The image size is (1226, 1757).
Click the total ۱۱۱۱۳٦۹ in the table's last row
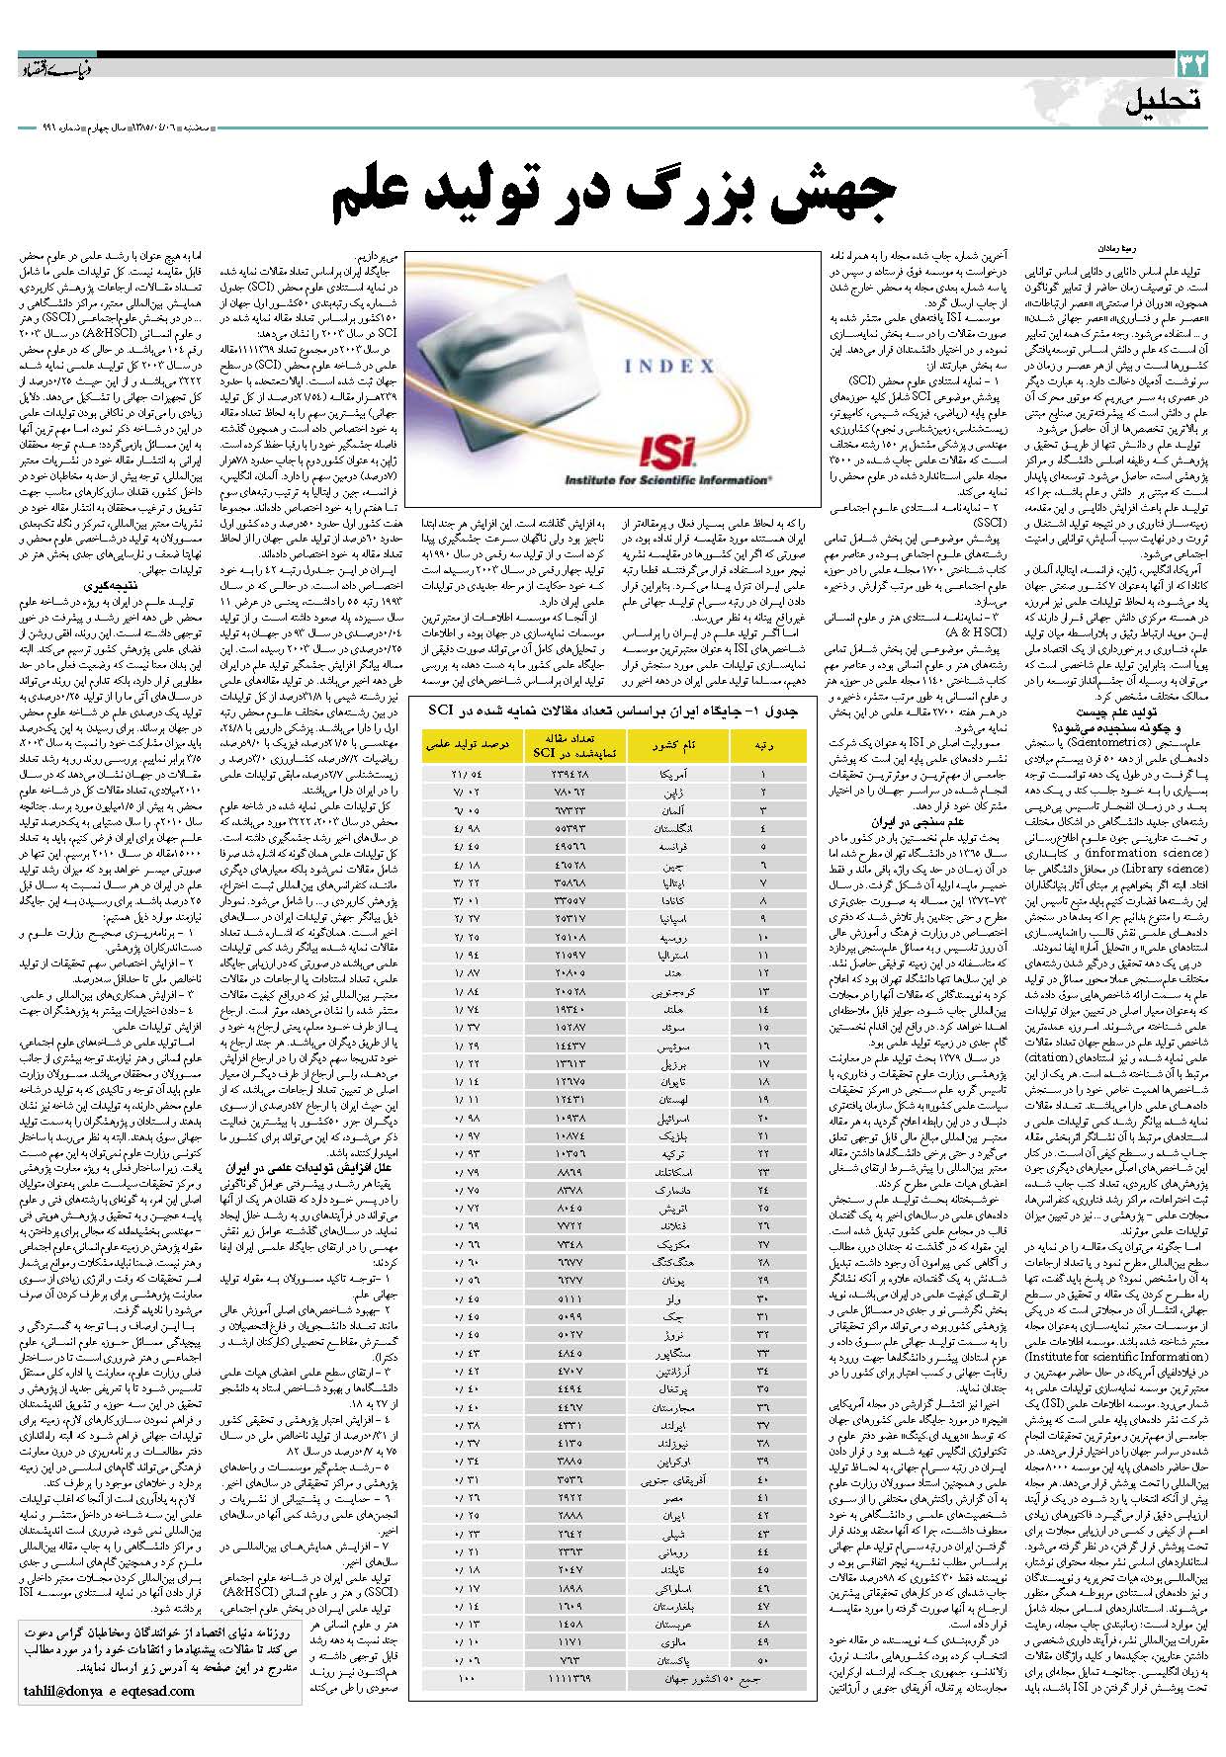pyautogui.click(x=570, y=1678)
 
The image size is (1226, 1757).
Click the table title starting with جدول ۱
pyautogui.click(x=613, y=711)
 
